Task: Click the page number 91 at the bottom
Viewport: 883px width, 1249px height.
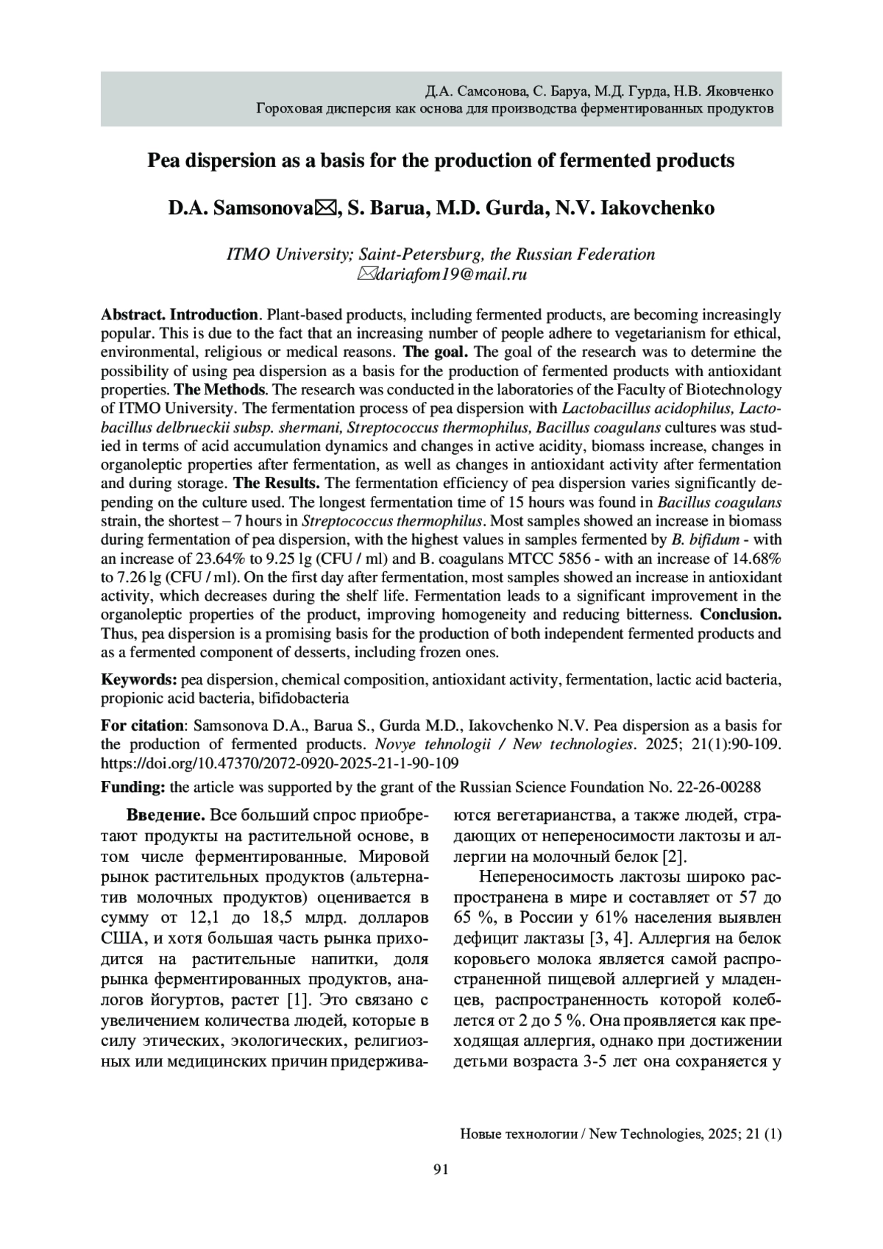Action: pos(441,1170)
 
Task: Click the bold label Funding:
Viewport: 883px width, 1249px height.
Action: pos(133,787)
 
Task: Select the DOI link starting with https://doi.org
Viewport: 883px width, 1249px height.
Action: pos(280,763)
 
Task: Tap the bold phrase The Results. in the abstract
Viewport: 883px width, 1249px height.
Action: pos(277,484)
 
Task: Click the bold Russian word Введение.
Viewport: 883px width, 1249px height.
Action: pos(166,815)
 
